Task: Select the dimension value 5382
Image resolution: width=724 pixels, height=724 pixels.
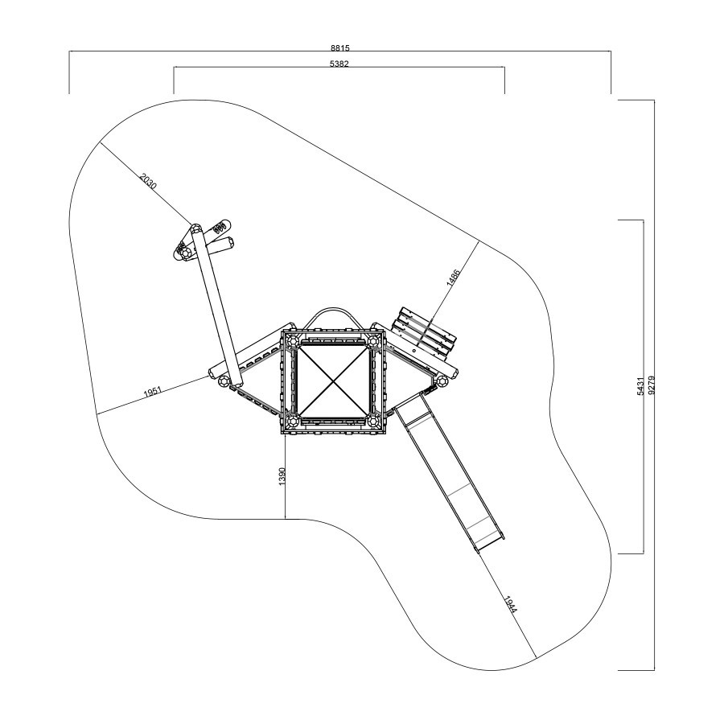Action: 339,64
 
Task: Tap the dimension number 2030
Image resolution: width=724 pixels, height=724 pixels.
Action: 149,181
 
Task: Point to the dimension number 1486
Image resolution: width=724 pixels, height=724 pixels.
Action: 454,278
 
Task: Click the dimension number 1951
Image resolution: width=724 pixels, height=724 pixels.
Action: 152,392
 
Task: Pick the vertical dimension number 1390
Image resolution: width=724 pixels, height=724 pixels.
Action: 282,476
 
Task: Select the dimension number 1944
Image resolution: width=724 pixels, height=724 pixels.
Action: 511,605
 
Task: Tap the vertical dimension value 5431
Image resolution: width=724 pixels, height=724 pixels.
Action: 640,386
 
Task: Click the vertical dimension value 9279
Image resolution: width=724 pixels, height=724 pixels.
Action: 652,385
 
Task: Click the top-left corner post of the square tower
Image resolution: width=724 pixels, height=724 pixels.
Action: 292,342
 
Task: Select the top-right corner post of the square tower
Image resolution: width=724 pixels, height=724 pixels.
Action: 373,342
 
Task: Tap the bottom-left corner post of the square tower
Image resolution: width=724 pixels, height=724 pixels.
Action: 292,421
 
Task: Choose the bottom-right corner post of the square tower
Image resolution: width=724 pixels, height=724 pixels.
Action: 373,421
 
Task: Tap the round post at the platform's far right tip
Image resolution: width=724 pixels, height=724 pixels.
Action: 442,381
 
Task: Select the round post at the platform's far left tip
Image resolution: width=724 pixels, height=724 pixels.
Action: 223,381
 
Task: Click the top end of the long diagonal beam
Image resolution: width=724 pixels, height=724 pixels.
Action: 195,229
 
